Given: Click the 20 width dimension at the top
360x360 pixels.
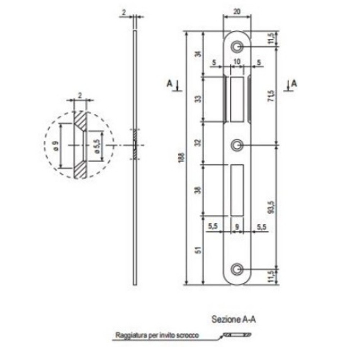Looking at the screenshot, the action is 237,12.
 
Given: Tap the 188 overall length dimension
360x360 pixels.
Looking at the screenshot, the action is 183,158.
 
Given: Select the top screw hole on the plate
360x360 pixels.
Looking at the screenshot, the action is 237,47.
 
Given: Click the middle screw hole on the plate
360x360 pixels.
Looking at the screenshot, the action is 237,145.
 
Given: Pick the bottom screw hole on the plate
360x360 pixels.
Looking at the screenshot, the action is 237,269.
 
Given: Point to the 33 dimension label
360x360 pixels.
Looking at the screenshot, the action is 199,99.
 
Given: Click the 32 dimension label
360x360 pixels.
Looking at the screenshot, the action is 199,142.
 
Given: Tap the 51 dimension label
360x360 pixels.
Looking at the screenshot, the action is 199,250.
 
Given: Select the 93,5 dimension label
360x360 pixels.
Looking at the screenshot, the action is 272,207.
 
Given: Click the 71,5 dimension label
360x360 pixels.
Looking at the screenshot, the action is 272,96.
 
